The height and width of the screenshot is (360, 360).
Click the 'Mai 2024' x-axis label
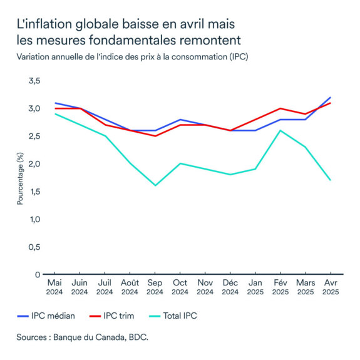tap(54, 287)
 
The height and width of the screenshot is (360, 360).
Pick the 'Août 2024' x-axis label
tap(130, 287)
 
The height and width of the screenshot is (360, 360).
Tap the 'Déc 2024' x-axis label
tap(230, 287)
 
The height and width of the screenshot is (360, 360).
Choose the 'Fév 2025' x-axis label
tap(280, 287)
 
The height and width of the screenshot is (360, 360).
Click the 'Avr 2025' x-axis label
tap(330, 287)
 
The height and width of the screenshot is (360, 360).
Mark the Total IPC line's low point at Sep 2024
tap(155, 185)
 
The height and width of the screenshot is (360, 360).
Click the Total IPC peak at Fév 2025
tap(280, 130)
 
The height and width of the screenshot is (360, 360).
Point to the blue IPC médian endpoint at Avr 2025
tap(330, 98)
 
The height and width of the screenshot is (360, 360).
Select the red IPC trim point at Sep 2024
tap(155, 136)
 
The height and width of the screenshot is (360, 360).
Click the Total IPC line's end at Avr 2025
tap(330, 180)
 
